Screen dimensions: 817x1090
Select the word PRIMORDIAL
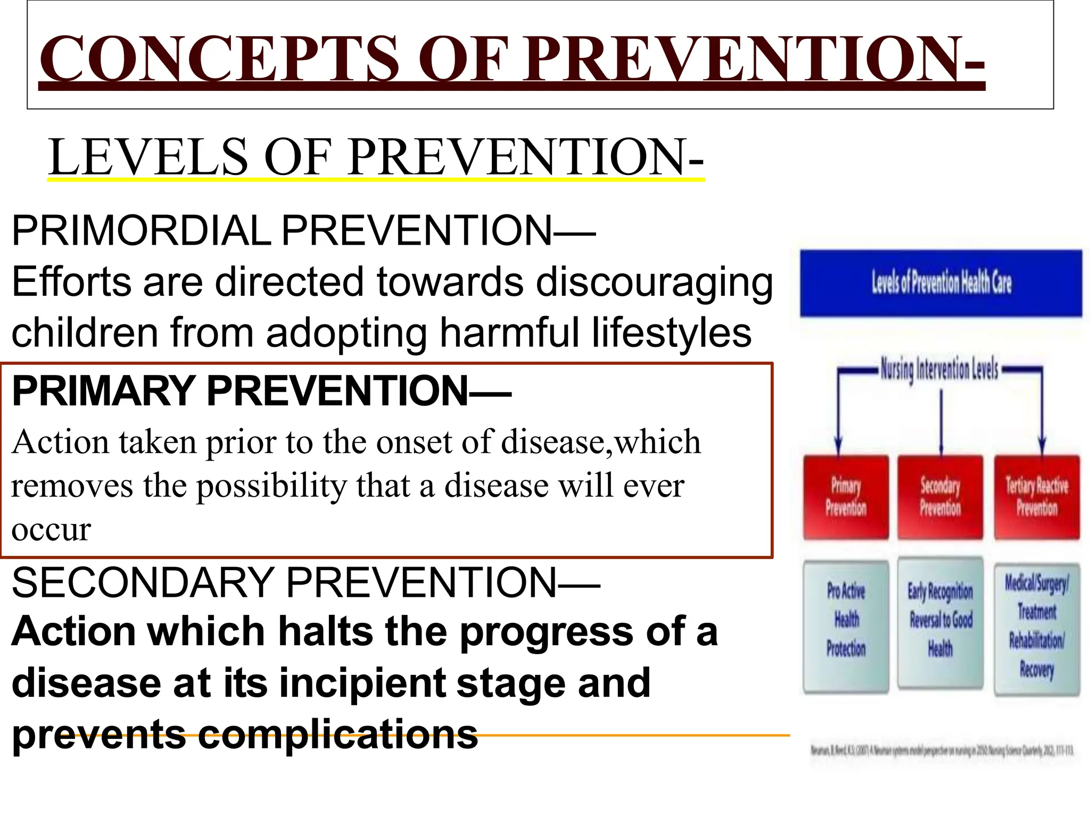tap(141, 231)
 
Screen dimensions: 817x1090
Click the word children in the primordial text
tap(85, 332)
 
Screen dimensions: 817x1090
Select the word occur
tap(51, 530)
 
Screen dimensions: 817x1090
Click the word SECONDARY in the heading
tap(142, 582)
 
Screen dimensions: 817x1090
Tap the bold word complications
tap(337, 735)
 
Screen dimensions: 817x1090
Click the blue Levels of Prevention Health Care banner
tap(940, 283)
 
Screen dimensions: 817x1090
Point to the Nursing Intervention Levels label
tap(939, 369)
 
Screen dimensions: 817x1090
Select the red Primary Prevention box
tap(846, 497)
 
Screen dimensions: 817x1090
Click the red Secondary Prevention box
tap(940, 497)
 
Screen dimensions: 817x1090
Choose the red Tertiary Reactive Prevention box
tap(1036, 497)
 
